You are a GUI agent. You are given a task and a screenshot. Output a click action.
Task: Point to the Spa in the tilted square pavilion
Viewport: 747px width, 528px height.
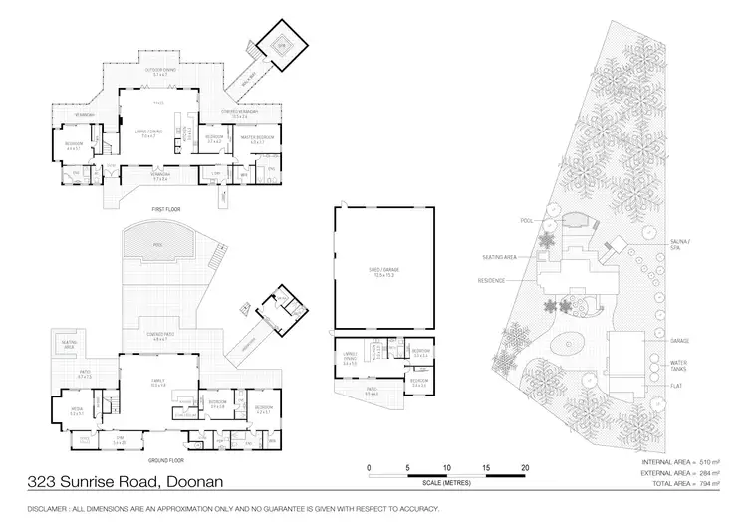pos(280,45)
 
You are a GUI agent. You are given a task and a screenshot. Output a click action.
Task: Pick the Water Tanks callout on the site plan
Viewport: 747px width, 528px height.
pos(680,366)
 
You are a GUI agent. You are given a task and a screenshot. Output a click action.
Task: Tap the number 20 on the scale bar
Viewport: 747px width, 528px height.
pos(525,467)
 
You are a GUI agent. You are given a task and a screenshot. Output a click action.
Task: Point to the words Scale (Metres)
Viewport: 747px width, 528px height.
pos(447,484)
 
